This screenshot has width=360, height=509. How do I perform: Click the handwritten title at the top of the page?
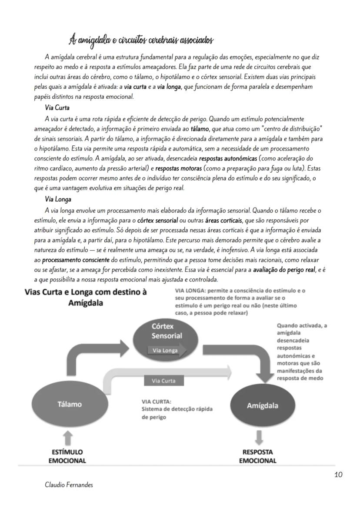tap(141, 40)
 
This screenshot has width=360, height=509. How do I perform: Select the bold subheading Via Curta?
tap(57, 107)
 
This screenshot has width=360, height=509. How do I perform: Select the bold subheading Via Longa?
tap(58, 200)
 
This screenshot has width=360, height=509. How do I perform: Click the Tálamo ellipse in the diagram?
tap(70, 404)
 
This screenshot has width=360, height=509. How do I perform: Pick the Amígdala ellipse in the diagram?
tap(263, 405)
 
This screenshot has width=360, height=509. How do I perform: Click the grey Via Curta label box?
tap(164, 381)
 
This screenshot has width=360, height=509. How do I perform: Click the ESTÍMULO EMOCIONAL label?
tap(67, 456)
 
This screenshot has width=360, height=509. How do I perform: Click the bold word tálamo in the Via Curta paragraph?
tap(200, 129)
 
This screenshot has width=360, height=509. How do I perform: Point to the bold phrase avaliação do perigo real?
tap(284, 270)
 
